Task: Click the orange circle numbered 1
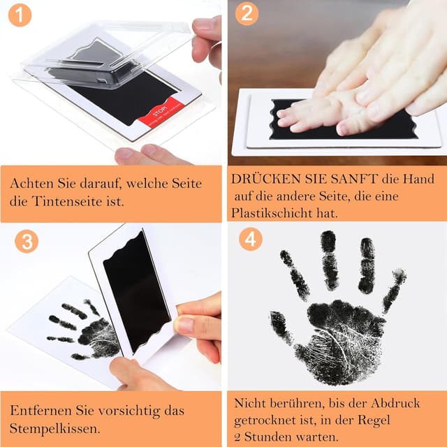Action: (x=20, y=14)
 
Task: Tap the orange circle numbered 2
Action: (x=247, y=13)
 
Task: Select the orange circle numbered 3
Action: (x=26, y=242)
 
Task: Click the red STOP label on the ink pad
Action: (x=162, y=116)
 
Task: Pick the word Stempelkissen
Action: (x=53, y=427)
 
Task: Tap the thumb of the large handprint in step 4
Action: (x=281, y=326)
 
